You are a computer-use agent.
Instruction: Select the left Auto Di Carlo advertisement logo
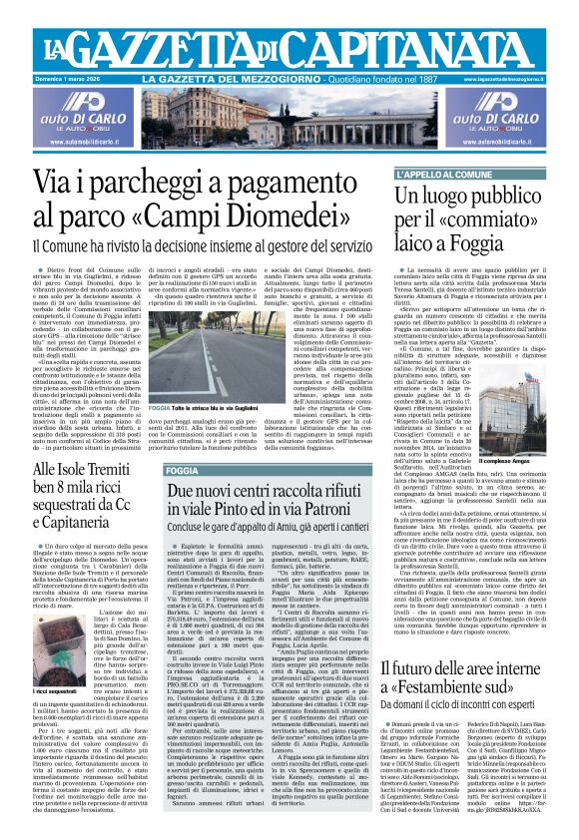point(53,107)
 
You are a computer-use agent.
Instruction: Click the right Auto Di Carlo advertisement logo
point(525,107)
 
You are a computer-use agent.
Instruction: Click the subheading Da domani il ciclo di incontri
point(468,715)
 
